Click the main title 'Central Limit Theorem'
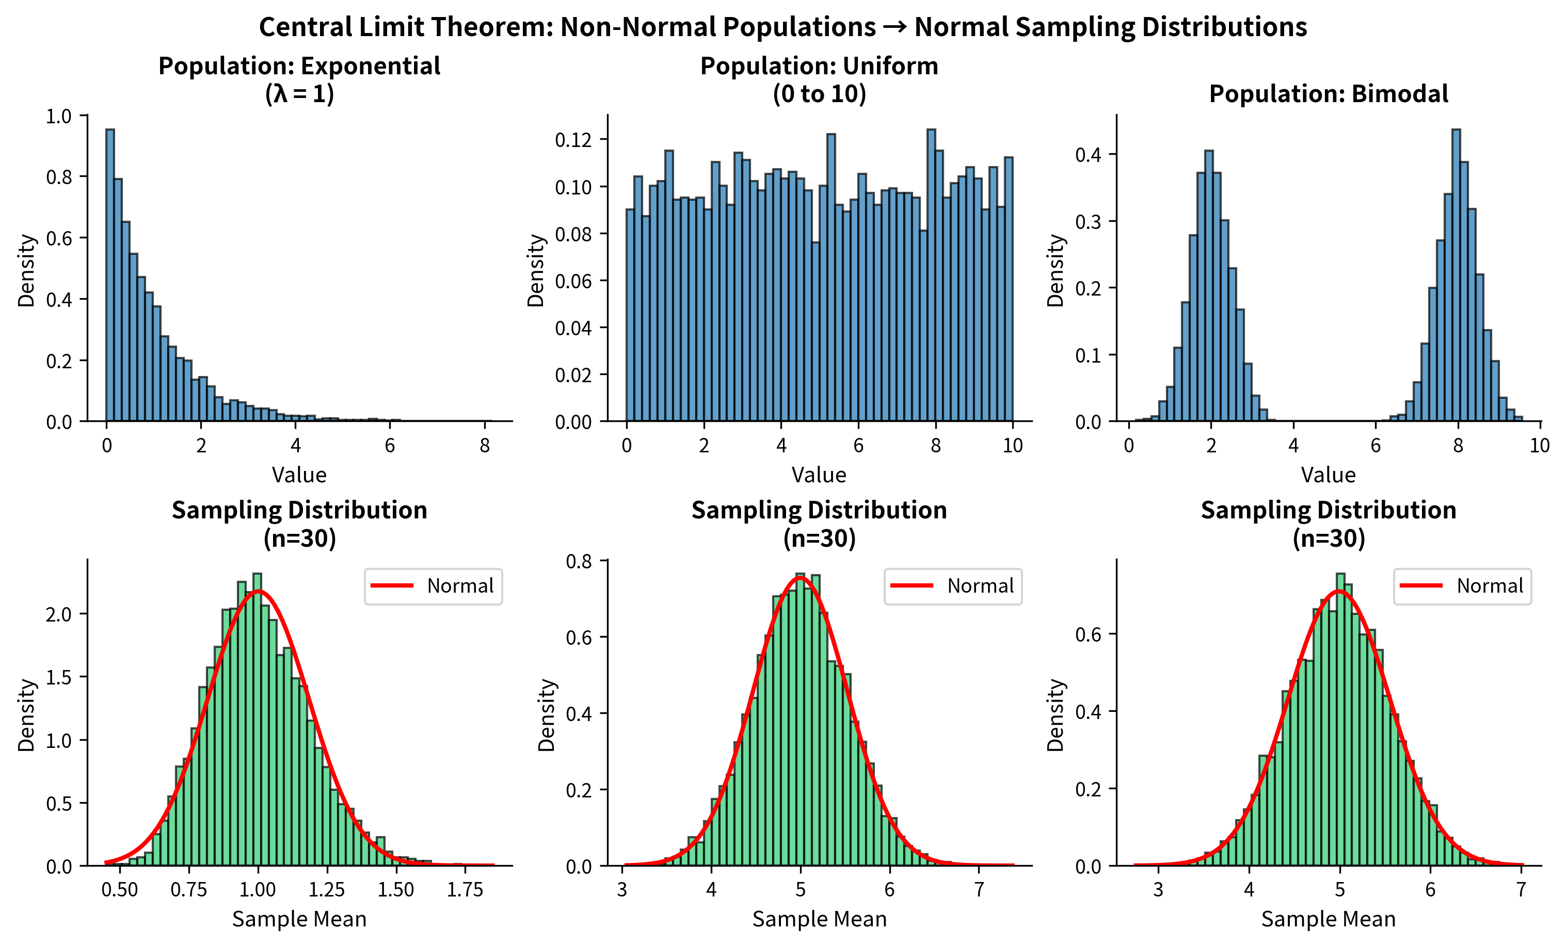[x=782, y=27]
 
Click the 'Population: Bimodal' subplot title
[x=1328, y=93]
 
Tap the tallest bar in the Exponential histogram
[x=110, y=273]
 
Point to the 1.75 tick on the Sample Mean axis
[x=465, y=889]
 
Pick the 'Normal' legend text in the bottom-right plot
[x=1489, y=586]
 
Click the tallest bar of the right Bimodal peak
[x=1456, y=273]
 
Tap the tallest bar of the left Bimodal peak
[x=1209, y=286]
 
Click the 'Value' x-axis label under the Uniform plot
[x=819, y=475]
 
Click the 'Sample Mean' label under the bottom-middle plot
[x=819, y=919]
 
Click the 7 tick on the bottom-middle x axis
[x=979, y=889]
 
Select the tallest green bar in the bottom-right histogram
[x=1340, y=718]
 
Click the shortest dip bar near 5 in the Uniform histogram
[x=816, y=330]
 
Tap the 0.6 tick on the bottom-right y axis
[x=1088, y=634]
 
